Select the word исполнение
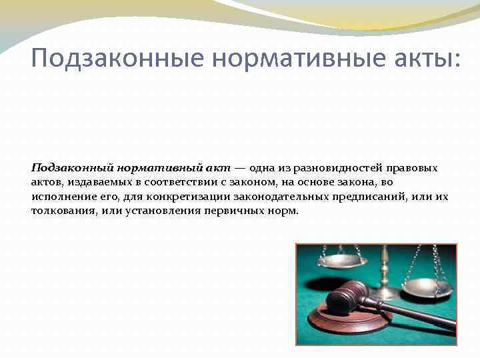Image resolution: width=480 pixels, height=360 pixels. [x=62, y=197]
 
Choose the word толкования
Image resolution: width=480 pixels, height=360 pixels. [x=63, y=211]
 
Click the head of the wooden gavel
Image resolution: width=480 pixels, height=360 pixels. [x=344, y=297]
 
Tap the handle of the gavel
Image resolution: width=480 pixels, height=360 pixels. [x=413, y=317]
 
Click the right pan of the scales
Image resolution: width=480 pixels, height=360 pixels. [x=427, y=287]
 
